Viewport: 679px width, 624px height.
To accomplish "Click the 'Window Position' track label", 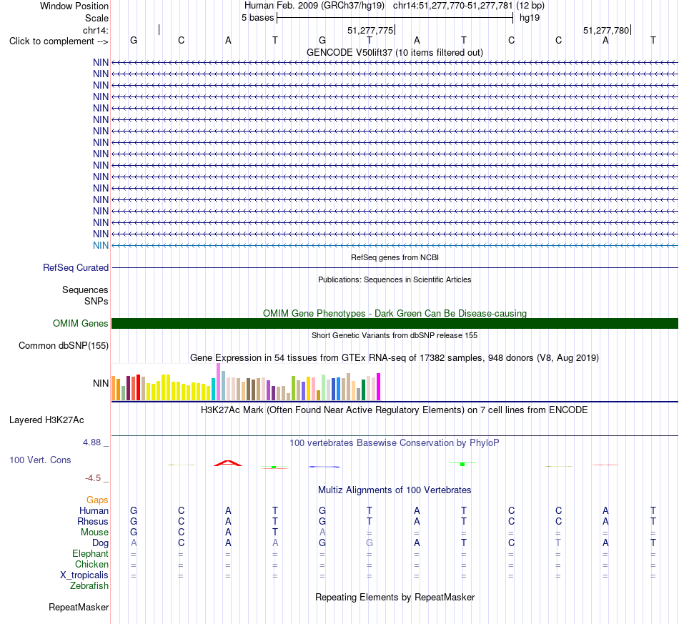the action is (74, 6).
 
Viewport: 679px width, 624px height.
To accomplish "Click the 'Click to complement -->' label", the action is (59, 41).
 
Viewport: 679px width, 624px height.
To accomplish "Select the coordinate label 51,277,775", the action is (370, 30).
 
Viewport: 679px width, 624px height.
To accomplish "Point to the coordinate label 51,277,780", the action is (606, 30).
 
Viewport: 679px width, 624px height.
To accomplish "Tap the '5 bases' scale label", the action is (257, 18).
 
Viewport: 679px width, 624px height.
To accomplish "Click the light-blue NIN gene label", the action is (101, 246).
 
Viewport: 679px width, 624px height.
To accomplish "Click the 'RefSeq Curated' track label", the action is (76, 267).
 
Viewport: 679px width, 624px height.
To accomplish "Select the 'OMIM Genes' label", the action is (81, 324).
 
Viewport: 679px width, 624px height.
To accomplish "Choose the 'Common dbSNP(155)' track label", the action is (64, 345).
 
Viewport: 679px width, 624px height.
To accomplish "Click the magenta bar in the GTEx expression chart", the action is (379, 387).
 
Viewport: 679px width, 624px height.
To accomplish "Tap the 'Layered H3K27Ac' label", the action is (46, 420).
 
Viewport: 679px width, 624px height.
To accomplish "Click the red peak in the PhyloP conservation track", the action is (228, 463).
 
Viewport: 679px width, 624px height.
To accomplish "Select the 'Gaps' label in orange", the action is (97, 500).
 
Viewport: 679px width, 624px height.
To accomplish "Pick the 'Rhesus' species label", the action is (93, 521).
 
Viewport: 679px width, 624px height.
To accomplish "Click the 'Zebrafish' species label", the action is (89, 586).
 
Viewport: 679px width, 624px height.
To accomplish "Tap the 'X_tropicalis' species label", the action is (84, 575).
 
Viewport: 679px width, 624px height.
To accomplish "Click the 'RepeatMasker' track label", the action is (79, 607).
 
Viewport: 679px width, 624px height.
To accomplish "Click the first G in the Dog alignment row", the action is (322, 543).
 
